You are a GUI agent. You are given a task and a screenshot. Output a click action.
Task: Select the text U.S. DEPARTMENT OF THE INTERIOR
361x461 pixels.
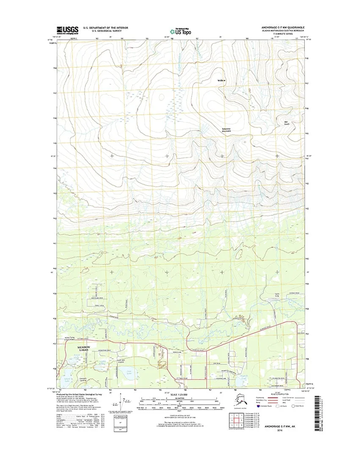pos(105,27)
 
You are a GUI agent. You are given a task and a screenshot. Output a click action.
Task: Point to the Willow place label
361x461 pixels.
pos(222,80)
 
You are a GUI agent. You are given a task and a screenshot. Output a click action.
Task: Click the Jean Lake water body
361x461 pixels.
pos(130,372)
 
